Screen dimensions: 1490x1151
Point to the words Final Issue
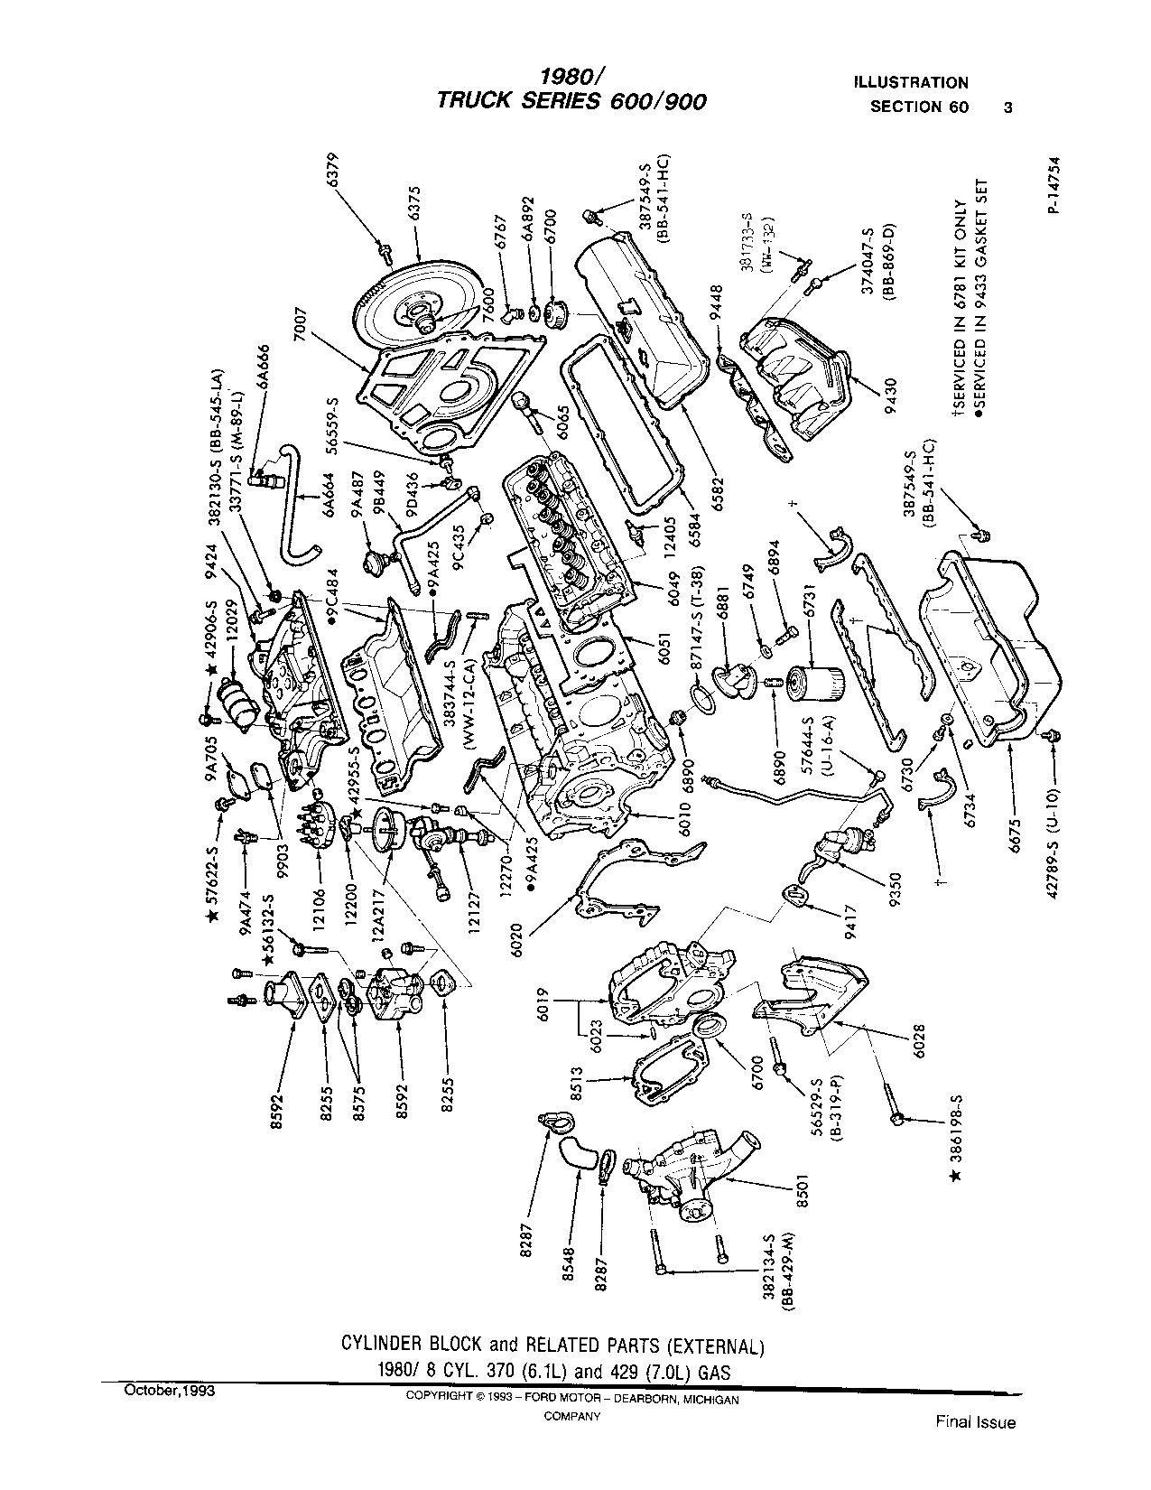[x=975, y=1423]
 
